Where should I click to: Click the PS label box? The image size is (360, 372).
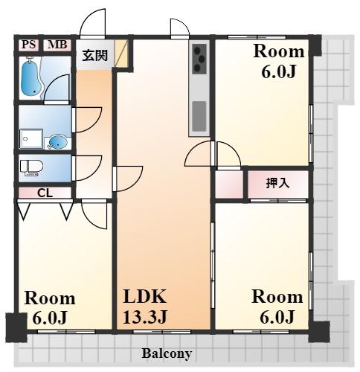coord(29,45)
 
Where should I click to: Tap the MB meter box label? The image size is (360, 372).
coord(57,45)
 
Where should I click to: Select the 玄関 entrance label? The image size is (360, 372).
coord(95,55)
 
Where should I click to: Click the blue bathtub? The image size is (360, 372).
coord(30,78)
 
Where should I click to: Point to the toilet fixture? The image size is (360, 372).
coord(31,167)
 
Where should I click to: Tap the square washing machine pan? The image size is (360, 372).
coord(30,138)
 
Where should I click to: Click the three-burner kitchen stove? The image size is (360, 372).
coord(199,59)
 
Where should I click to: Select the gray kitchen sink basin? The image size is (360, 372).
coord(199,116)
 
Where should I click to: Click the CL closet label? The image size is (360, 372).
coord(45,193)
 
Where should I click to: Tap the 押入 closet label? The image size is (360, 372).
coord(277,183)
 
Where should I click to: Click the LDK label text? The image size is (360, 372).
coord(145,296)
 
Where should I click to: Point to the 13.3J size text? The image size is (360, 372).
coord(145,317)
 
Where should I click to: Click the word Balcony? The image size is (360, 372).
coord(167,353)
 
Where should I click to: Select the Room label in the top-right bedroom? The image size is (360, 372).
coord(279,51)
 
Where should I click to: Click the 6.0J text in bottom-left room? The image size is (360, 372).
coord(50,318)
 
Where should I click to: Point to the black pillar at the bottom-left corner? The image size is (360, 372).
coord(16,327)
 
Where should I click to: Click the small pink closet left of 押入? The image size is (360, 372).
coord(229,185)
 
